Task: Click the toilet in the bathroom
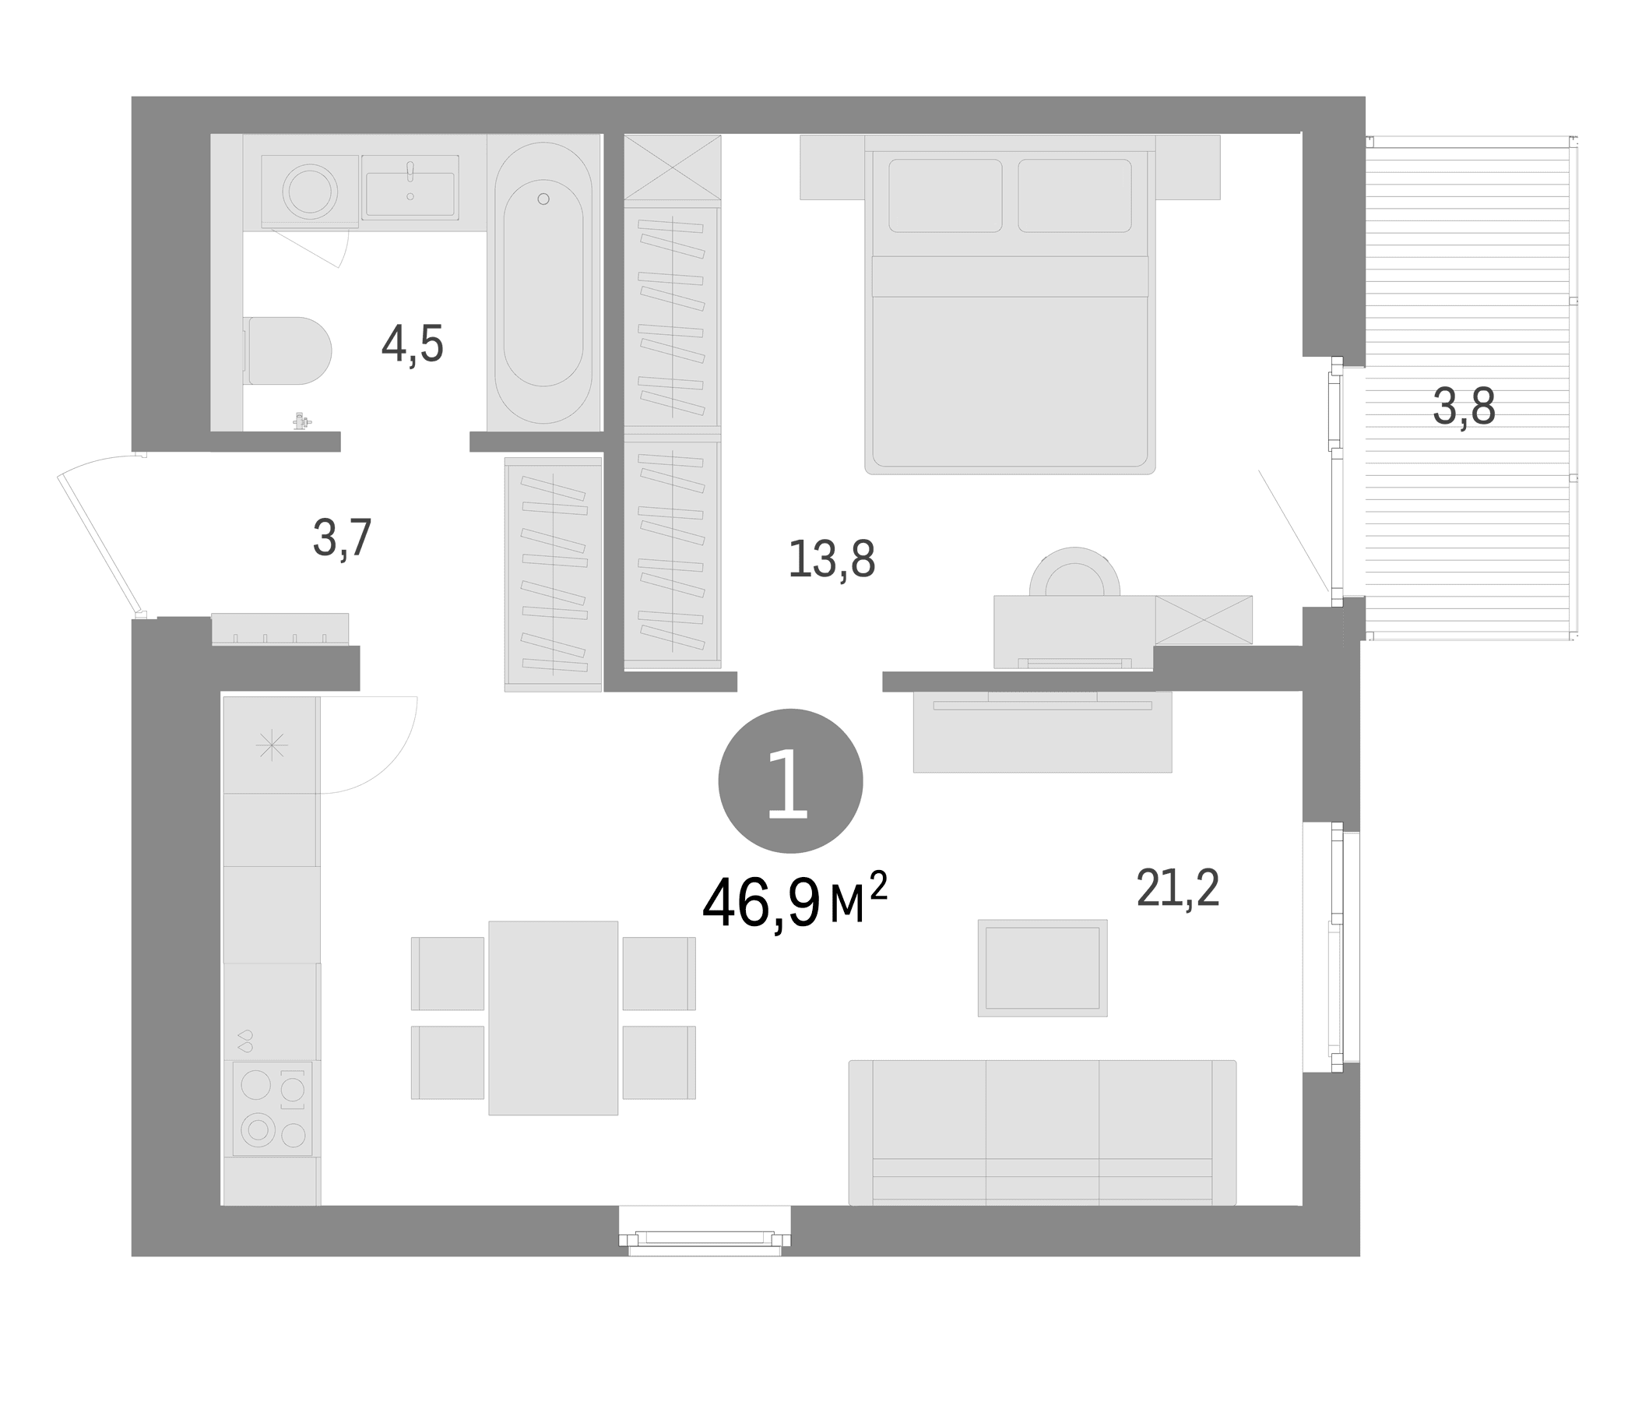288,350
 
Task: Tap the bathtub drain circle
543,199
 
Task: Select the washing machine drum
310,192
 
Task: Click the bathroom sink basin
410,193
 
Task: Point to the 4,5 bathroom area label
413,344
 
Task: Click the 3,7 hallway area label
342,538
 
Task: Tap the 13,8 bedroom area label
832,559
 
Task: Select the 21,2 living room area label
1178,887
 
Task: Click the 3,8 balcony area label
1464,407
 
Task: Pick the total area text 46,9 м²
795,902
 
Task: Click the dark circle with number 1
791,780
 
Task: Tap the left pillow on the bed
945,196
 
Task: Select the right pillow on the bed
1074,196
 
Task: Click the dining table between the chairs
553,1017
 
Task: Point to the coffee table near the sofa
1043,968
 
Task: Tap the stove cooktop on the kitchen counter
272,1108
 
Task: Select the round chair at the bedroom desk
1074,572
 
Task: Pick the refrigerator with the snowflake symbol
272,745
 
